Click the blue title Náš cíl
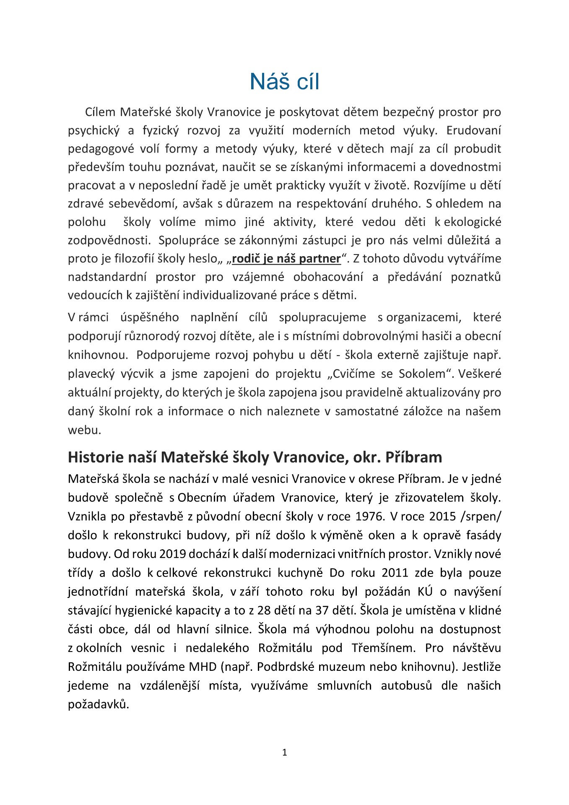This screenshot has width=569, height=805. click(284, 81)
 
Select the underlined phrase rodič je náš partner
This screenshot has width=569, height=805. click(286, 259)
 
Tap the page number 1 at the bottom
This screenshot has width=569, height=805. click(285, 753)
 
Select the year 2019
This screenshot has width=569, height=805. click(172, 554)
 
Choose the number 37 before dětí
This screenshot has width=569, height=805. click(322, 610)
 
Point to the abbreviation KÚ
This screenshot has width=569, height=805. click(425, 592)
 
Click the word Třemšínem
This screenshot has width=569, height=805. click(384, 648)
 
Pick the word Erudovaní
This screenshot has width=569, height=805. click(473, 130)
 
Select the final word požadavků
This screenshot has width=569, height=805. click(98, 704)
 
